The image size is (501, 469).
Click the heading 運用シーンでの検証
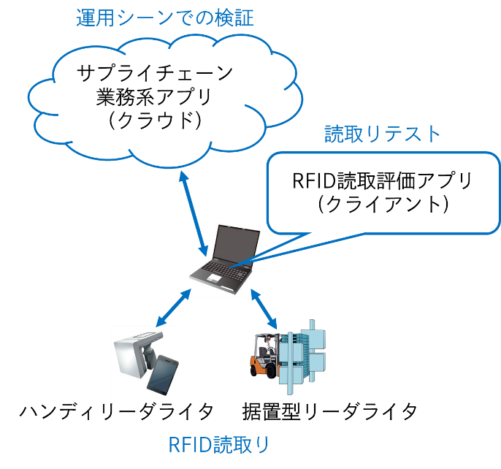tap(165, 18)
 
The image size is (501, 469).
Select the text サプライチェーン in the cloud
tap(155, 73)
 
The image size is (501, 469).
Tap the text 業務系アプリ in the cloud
tap(155, 96)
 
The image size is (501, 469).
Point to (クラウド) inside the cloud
tap(155, 119)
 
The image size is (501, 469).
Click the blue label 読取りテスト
tap(383, 134)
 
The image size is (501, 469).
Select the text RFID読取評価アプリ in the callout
tap(378, 180)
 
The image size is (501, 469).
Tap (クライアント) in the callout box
tap(378, 204)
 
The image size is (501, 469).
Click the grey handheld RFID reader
tap(135, 358)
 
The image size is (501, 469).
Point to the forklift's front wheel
tap(272, 370)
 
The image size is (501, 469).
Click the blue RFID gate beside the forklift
tap(307, 351)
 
